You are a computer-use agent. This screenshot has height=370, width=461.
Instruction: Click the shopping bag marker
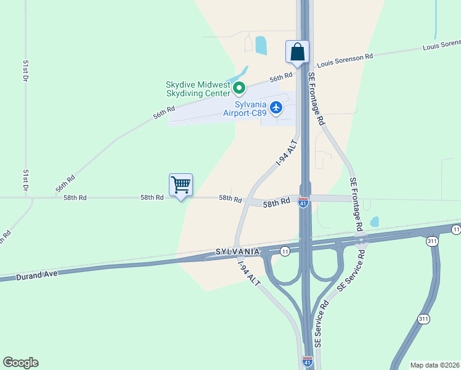pos(297,52)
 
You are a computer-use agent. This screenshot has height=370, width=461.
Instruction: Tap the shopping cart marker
pos(181,185)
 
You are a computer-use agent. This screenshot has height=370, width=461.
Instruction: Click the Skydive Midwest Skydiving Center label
pos(198,89)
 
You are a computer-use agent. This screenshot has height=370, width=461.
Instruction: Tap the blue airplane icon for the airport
pos(276,109)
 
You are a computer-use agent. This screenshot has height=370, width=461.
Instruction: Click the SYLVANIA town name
pos(237,252)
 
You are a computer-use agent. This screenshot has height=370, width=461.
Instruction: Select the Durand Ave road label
pos(38,273)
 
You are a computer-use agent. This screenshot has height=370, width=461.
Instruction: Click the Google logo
pos(20,363)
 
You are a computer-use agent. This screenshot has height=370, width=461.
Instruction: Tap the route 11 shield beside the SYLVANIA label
pos(285,251)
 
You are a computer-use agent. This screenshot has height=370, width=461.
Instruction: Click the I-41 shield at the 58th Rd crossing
pos(303,202)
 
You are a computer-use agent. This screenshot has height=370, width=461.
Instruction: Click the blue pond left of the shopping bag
pos(261,45)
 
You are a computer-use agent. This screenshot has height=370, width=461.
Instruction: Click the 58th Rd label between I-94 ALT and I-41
pos(277,202)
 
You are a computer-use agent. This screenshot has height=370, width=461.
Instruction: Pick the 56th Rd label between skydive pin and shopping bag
pos(280,77)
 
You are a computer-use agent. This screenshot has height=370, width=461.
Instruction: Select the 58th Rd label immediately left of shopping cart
pos(152,197)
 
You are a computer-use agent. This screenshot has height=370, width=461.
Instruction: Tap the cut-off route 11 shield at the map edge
pos(456,229)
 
